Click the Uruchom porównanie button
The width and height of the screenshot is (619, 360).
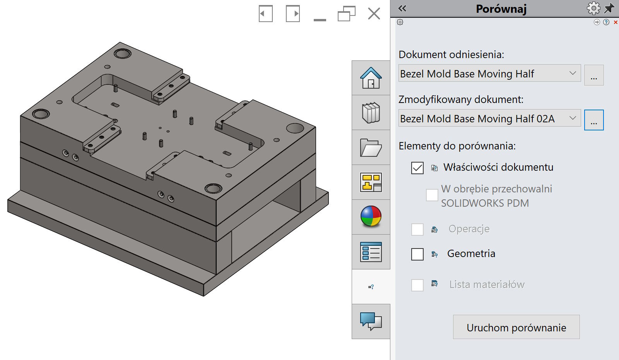pos(516,327)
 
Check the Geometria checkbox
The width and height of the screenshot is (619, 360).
pos(417,254)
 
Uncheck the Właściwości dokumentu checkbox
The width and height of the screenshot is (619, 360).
pos(417,168)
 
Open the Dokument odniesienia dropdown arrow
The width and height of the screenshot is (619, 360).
pos(573,73)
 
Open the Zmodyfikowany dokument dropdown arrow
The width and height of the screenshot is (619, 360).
pos(573,118)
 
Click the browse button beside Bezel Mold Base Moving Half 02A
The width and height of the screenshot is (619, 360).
pos(593,120)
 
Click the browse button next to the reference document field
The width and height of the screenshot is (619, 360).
pos(593,75)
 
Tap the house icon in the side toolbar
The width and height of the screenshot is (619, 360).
pos(371,78)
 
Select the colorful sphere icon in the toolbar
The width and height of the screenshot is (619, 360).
pos(371,216)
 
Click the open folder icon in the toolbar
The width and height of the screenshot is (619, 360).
pos(371,147)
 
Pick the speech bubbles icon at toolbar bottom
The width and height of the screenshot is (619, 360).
pos(371,321)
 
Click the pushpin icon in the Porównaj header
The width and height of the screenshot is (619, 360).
pos(609,8)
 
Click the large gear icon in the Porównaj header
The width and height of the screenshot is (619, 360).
pos(593,8)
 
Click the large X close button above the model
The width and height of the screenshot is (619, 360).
pos(374,14)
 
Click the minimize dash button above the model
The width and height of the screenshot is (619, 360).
pos(320,19)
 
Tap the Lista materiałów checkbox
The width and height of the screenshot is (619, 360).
pos(417,285)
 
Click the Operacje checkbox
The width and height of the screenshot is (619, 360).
pos(417,230)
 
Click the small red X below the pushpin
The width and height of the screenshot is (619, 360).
pos(616,22)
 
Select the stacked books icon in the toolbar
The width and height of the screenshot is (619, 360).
pos(371,113)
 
